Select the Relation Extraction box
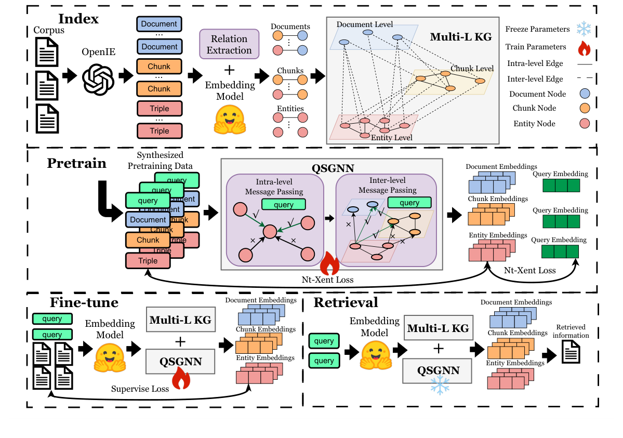229,44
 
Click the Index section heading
78,19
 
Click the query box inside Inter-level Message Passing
409,203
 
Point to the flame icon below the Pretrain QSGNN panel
329,264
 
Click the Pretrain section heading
77,164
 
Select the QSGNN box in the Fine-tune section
180,362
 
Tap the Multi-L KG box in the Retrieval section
438,328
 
